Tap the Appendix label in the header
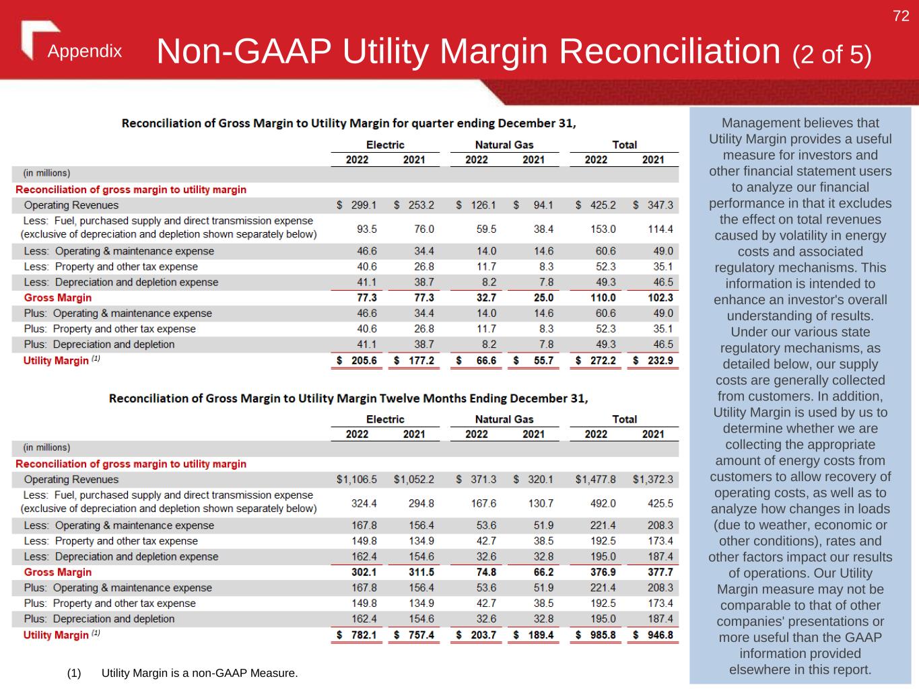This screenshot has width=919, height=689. coord(85,52)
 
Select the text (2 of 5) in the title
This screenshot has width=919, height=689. coord(831,55)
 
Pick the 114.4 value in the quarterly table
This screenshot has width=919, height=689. coord(660,229)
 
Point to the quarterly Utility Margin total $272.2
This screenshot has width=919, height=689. coord(596,361)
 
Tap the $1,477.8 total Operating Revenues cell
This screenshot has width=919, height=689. coord(596,480)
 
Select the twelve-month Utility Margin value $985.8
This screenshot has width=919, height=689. coord(596,635)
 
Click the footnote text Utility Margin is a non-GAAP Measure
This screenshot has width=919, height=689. coord(199,673)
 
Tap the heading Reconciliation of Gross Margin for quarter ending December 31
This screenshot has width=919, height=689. coord(348,123)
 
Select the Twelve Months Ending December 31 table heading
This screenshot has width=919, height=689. coord(348,398)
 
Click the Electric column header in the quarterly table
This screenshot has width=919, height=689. coord(385,145)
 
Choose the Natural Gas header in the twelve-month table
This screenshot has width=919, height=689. coord(504,419)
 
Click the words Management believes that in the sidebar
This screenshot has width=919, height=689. coord(800,123)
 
